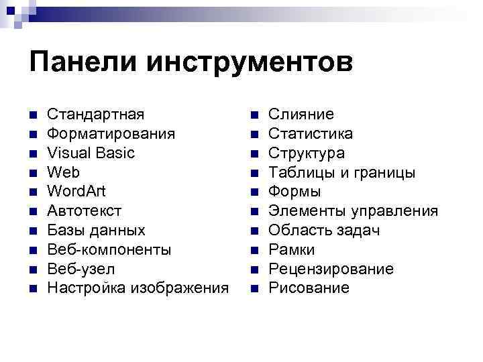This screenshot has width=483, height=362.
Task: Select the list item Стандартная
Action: coord(95,115)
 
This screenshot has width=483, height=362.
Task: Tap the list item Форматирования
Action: coord(111,134)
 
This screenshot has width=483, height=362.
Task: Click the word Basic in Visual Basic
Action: coord(114,153)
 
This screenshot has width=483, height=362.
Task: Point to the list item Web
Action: coord(62,172)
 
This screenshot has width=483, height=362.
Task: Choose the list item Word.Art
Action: coord(76,192)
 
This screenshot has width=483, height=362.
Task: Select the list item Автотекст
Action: coord(85,211)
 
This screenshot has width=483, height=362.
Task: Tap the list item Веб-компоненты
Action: coord(109,250)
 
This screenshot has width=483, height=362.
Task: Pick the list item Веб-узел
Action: coord(80,269)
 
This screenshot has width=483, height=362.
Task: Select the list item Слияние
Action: coord(301,115)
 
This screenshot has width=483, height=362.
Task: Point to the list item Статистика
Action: coord(311,134)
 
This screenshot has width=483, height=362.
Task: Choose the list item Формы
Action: coord(294,192)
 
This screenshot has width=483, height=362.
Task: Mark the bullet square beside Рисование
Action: coord(253,289)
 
